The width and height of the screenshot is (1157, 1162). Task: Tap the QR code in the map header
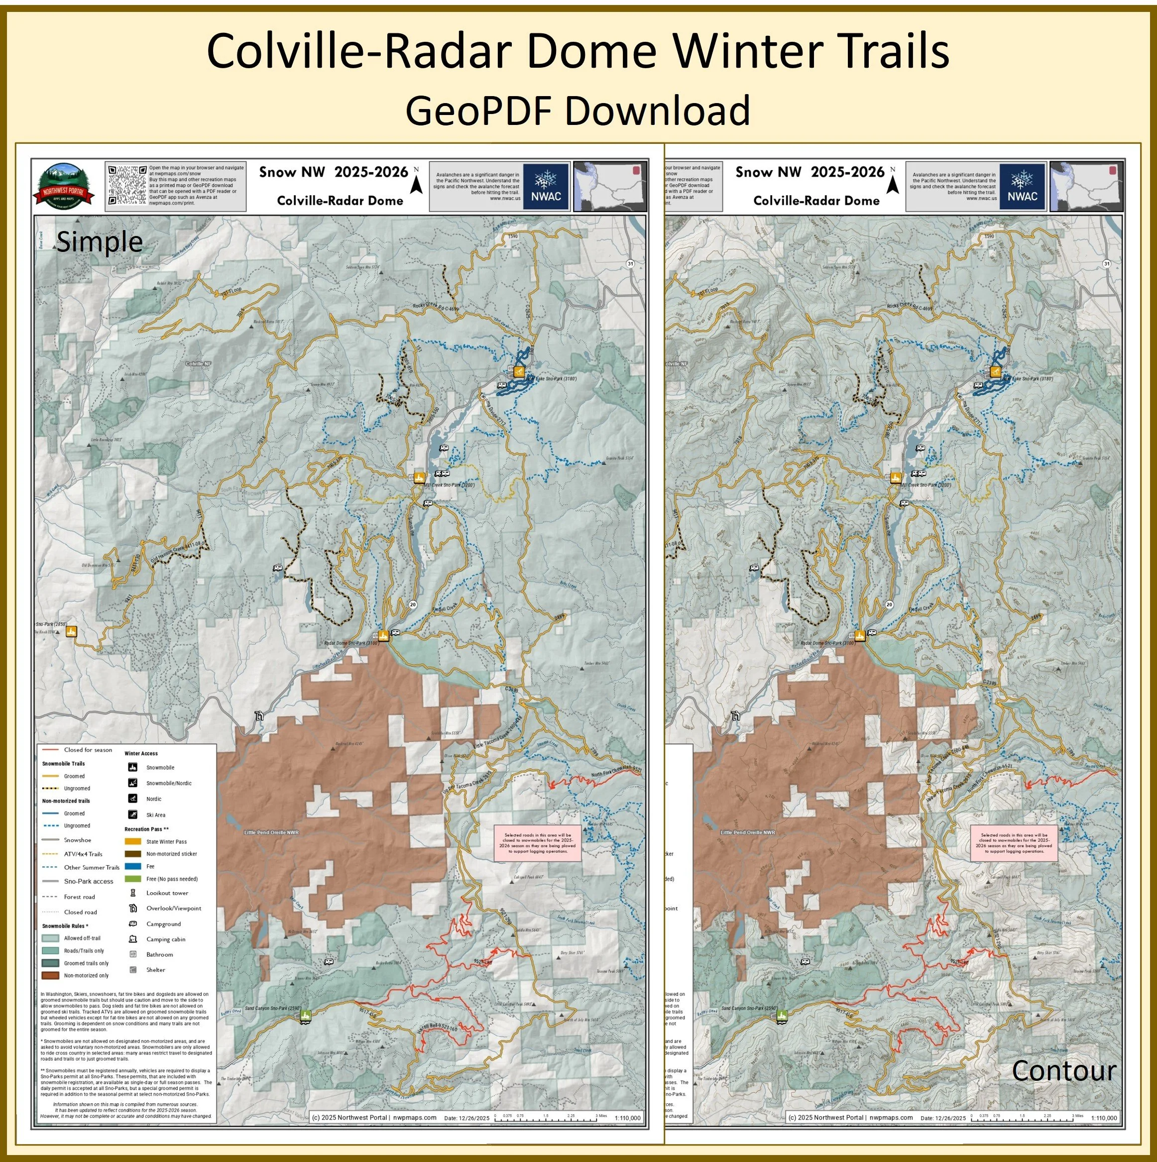click(x=127, y=185)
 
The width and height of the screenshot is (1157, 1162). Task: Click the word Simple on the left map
click(x=99, y=242)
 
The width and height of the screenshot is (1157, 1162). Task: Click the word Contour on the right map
click(x=1063, y=1070)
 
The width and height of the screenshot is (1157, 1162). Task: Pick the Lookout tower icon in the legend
click(x=133, y=893)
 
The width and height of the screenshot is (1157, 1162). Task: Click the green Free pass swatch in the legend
click(x=133, y=879)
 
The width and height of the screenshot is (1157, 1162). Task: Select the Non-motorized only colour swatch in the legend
click(x=50, y=975)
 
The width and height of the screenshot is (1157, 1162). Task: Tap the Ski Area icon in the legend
click(x=133, y=815)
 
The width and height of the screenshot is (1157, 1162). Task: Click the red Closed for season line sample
click(x=50, y=750)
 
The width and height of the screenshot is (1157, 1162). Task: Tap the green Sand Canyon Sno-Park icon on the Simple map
click(x=306, y=1016)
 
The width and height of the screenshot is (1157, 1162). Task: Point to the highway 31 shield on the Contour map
click(x=1107, y=263)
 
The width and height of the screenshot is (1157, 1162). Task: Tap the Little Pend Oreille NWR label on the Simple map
click(x=271, y=832)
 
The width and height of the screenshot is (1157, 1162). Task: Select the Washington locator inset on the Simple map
click(x=610, y=186)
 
